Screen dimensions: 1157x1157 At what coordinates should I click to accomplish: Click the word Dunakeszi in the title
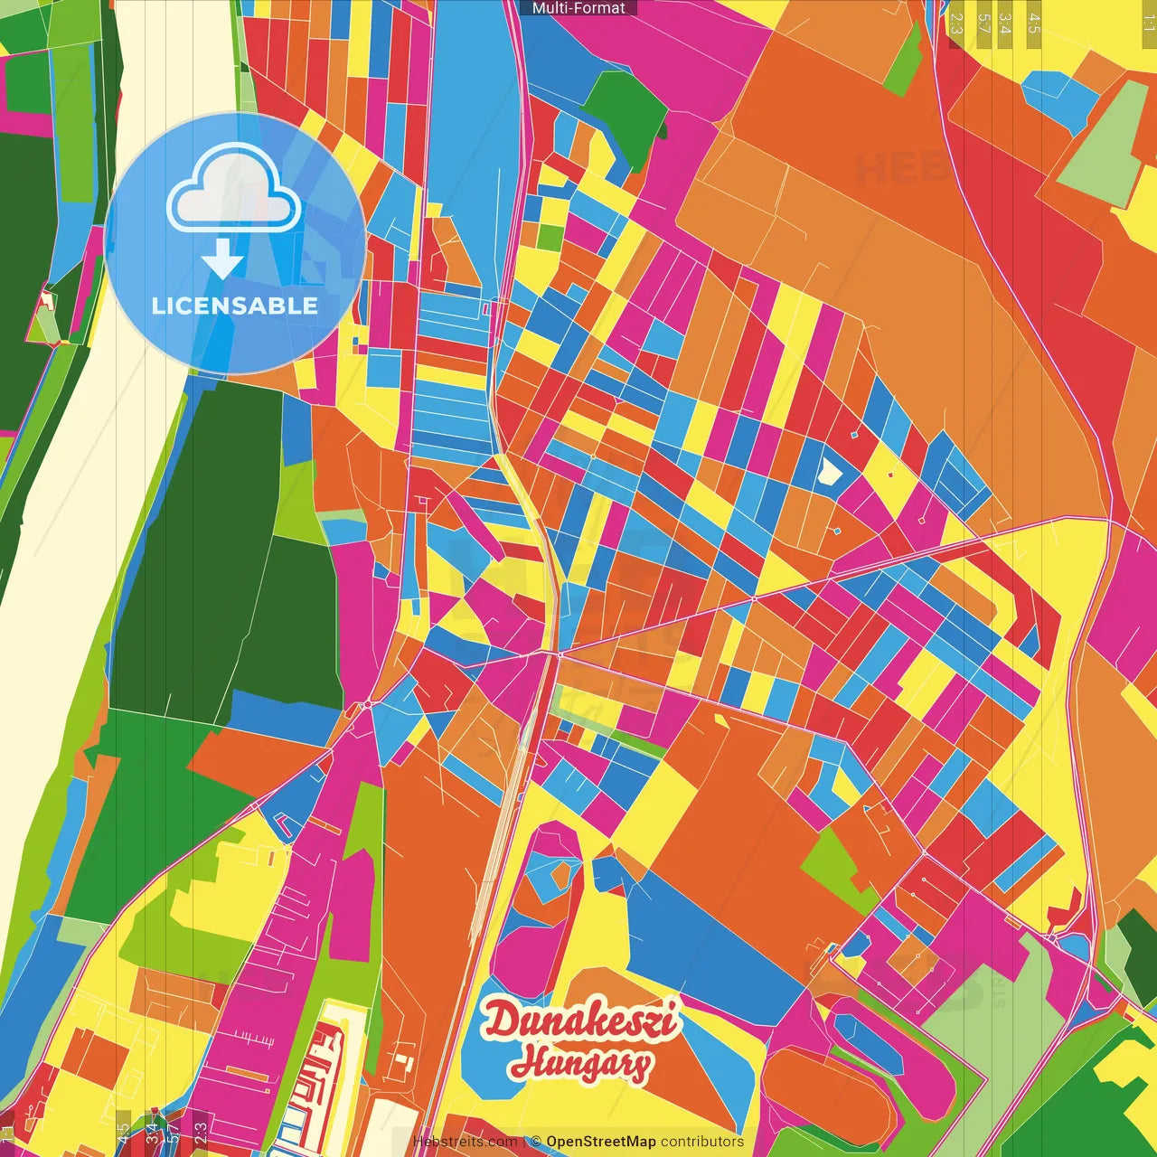579,1021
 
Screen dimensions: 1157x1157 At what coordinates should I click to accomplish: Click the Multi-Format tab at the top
578,8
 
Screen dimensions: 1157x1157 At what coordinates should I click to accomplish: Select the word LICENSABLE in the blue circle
235,306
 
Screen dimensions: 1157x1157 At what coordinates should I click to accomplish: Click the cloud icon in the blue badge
234,190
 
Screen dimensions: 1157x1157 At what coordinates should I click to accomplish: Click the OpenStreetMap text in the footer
600,1142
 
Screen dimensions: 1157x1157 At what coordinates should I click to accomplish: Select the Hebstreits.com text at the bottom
465,1142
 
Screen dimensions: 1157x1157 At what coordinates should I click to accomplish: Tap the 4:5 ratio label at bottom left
123,1132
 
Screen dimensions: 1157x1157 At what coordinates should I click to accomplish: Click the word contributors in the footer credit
702,1142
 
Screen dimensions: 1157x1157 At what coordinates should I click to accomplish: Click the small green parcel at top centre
550,237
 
